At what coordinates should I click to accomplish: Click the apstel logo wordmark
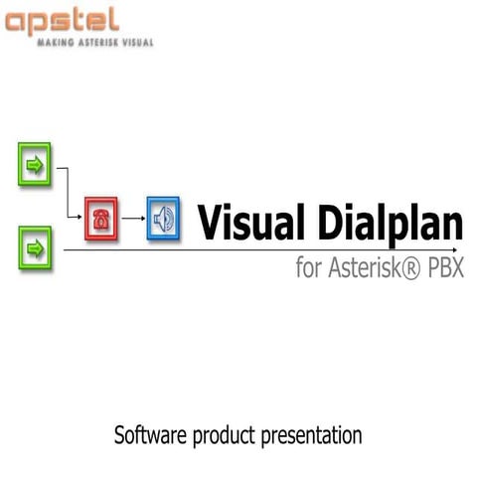62,21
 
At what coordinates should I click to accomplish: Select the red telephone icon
100,219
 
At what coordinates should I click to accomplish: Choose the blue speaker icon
162,219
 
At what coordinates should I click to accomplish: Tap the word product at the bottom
225,436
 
